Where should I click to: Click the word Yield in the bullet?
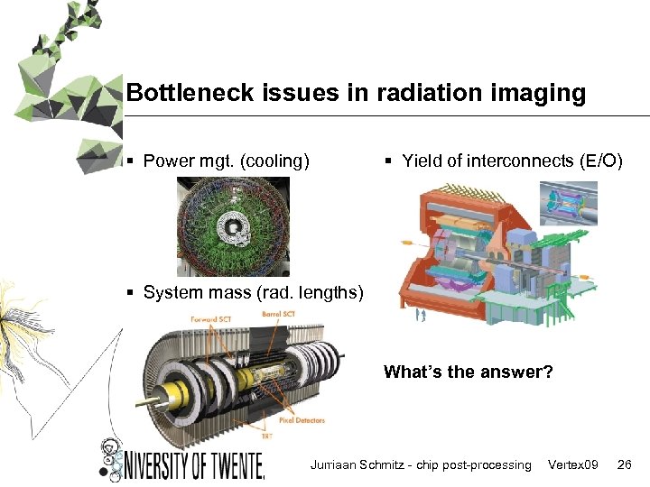pyautogui.click(x=422, y=161)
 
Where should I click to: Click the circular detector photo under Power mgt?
pyautogui.click(x=233, y=225)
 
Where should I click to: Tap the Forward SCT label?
pyautogui.click(x=210, y=318)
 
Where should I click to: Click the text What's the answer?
pyautogui.click(x=469, y=372)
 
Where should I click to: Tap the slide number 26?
pyautogui.click(x=624, y=465)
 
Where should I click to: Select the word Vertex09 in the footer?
pyautogui.click(x=573, y=465)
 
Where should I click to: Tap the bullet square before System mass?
pyautogui.click(x=131, y=292)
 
